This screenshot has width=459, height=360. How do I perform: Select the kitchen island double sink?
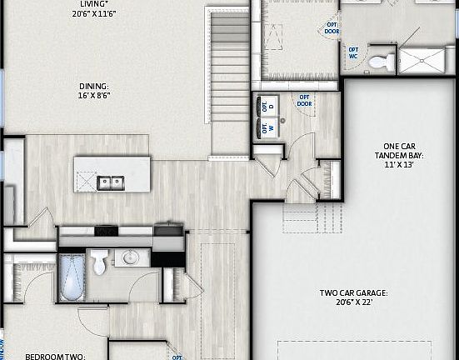coord(110,181)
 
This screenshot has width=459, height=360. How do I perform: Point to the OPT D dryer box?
coord(268,107)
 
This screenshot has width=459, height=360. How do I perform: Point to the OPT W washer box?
coord(268,127)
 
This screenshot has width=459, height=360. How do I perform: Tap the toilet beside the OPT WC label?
coord(381,60)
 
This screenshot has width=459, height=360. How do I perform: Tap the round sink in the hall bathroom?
coord(129,258)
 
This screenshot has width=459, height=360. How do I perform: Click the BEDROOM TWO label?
coord(55,356)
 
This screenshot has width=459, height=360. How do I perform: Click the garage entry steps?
coord(312,218)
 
